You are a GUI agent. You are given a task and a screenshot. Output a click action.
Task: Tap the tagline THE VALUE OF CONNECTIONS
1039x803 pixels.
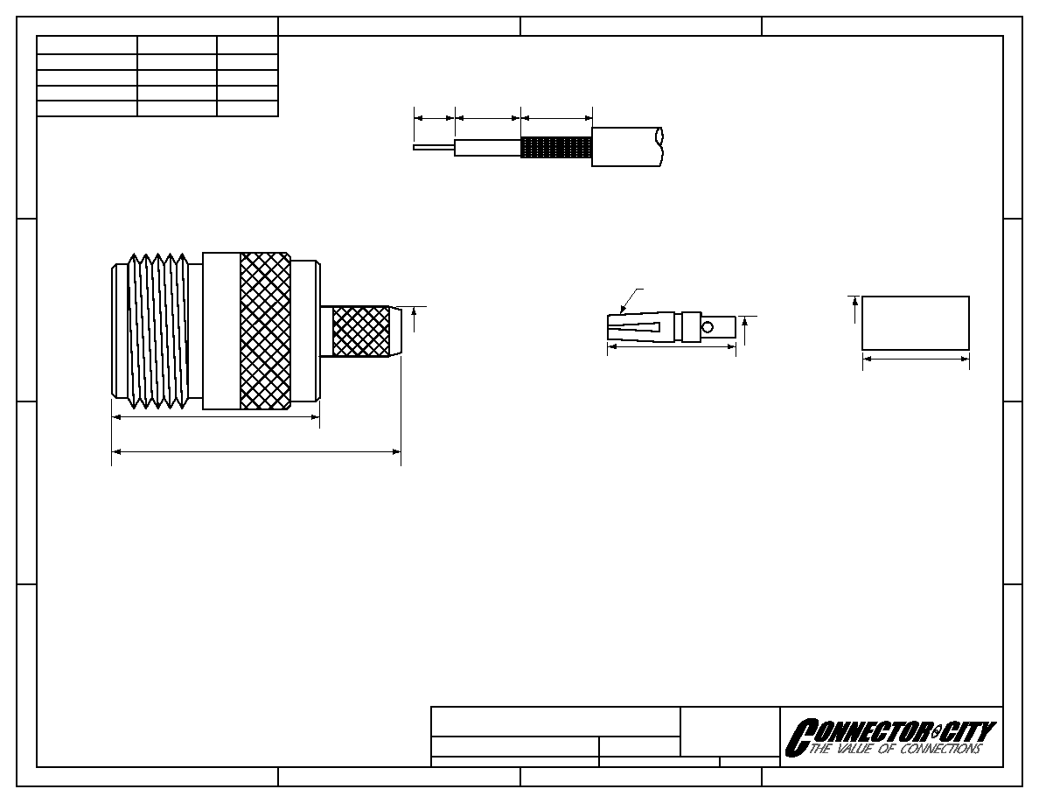pyautogui.click(x=895, y=749)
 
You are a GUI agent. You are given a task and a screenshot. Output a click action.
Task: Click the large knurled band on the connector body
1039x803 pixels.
pyautogui.click(x=265, y=331)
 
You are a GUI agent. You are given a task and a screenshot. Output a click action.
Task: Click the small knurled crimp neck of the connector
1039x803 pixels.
pyautogui.click(x=360, y=331)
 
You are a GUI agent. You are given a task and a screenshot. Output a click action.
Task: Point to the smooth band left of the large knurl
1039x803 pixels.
pyautogui.click(x=221, y=331)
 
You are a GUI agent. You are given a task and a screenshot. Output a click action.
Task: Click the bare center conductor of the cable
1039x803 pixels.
pyautogui.click(x=434, y=147)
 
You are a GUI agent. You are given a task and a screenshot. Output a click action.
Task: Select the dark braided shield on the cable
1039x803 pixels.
pyautogui.click(x=556, y=147)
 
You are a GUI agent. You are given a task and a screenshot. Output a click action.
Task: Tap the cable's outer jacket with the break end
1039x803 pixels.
pyautogui.click(x=627, y=146)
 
